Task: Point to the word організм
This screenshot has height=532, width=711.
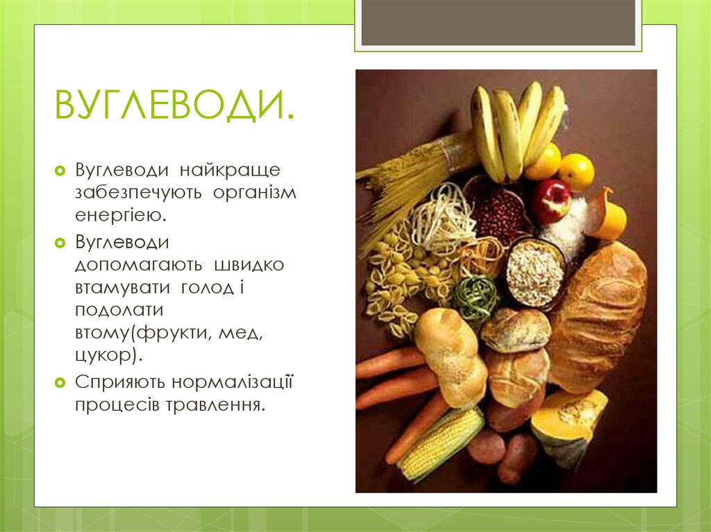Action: [255, 192]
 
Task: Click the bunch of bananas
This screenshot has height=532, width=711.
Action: [517, 128]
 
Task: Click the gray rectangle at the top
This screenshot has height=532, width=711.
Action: [499, 22]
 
